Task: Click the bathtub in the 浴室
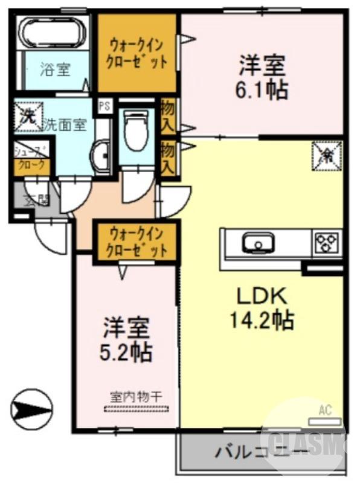pos(53,31)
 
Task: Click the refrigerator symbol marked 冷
pos(327,156)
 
